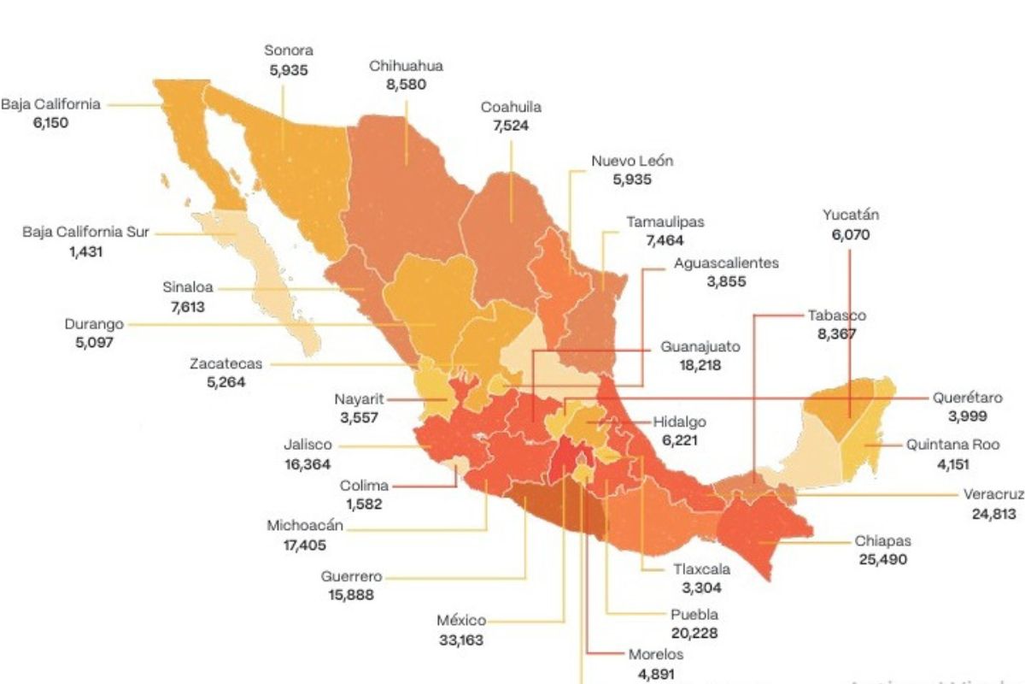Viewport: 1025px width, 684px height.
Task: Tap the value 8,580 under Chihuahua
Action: (407, 85)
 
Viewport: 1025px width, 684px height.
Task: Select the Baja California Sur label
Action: (85, 233)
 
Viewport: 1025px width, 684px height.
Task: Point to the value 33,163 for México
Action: (461, 639)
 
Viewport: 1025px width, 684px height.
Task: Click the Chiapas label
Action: (883, 541)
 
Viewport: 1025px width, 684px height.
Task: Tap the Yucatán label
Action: (851, 215)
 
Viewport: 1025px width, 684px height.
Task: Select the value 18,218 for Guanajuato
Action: (698, 366)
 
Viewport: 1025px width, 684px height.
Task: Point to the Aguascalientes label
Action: (725, 263)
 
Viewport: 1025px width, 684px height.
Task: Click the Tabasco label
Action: (836, 315)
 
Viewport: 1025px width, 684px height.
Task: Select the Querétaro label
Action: (967, 398)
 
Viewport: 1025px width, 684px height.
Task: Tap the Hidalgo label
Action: (680, 422)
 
